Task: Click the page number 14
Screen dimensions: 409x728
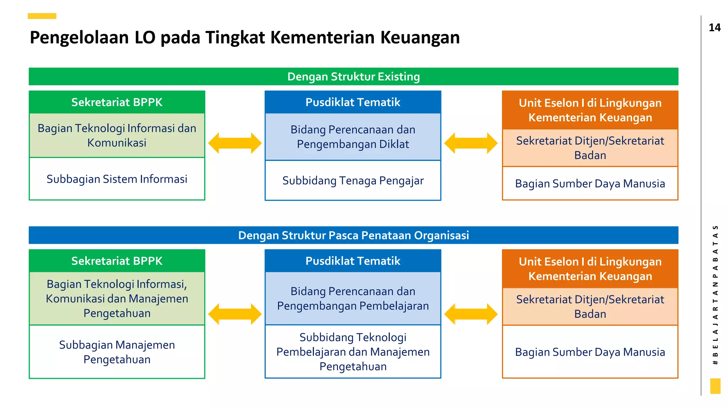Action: click(x=714, y=28)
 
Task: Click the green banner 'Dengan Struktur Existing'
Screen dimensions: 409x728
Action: click(x=353, y=77)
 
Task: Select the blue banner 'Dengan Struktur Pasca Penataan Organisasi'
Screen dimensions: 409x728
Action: click(x=353, y=235)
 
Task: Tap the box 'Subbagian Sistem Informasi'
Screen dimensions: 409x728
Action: click(x=117, y=179)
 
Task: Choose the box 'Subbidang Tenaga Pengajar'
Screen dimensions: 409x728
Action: click(x=353, y=181)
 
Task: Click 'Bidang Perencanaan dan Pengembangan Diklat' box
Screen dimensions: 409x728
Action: click(x=353, y=137)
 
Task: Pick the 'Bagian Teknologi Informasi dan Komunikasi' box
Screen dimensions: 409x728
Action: click(x=117, y=135)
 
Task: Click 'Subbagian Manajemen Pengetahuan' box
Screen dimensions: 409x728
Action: click(x=117, y=352)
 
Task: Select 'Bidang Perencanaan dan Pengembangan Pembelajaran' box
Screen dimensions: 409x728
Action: click(x=353, y=299)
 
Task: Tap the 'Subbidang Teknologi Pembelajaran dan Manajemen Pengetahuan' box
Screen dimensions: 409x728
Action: click(x=353, y=351)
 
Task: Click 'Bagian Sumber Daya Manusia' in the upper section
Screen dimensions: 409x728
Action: click(x=590, y=184)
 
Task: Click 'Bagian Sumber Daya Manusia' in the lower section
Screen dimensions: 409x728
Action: click(x=590, y=352)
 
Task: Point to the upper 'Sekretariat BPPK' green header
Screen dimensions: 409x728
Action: click(x=117, y=102)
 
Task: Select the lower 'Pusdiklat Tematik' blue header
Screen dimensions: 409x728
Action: click(x=353, y=261)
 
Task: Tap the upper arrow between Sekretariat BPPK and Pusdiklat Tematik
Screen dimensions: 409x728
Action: click(x=235, y=143)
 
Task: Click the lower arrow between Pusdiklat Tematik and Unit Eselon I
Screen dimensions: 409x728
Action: click(x=471, y=314)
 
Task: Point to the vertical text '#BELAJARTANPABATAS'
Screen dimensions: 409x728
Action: click(x=715, y=295)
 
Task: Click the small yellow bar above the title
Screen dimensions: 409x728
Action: click(x=42, y=16)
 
